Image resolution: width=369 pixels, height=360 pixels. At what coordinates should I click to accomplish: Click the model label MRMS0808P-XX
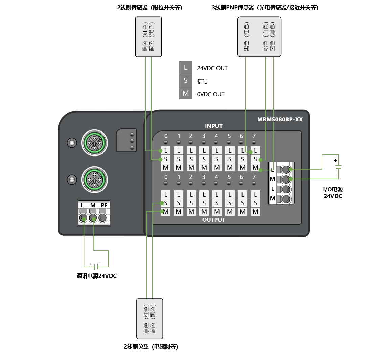pyautogui.click(x=280, y=120)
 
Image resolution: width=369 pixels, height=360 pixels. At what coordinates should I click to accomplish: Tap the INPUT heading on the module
pyautogui.click(x=214, y=126)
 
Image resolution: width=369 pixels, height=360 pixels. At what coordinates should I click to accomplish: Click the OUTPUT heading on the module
pyautogui.click(x=214, y=220)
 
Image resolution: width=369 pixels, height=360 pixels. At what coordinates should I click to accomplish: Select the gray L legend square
pyautogui.click(x=185, y=68)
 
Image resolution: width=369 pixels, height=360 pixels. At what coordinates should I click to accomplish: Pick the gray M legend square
pyautogui.click(x=185, y=94)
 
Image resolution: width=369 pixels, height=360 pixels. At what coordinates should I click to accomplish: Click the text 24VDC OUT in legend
pyautogui.click(x=212, y=68)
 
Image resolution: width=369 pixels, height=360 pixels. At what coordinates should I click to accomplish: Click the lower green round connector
pyautogui.click(x=94, y=179)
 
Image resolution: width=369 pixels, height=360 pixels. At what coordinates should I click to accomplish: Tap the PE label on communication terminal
pyautogui.click(x=104, y=205)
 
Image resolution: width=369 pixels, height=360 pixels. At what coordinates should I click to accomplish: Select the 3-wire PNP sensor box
pyautogui.click(x=259, y=37)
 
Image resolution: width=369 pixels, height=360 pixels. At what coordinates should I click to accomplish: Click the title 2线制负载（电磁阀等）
pyautogui.click(x=151, y=346)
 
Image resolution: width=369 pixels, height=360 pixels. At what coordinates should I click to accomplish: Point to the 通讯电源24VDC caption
pyautogui.click(x=97, y=276)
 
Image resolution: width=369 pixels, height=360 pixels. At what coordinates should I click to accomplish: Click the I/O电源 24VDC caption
pyautogui.click(x=333, y=192)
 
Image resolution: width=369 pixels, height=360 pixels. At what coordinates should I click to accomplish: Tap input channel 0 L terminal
pyautogui.click(x=166, y=150)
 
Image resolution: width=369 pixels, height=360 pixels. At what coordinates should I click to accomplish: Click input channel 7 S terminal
pyautogui.click(x=255, y=159)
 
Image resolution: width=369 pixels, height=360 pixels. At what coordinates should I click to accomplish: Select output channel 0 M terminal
pyautogui.click(x=166, y=212)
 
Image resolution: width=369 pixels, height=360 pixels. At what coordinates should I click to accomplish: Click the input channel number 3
pyautogui.click(x=204, y=136)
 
